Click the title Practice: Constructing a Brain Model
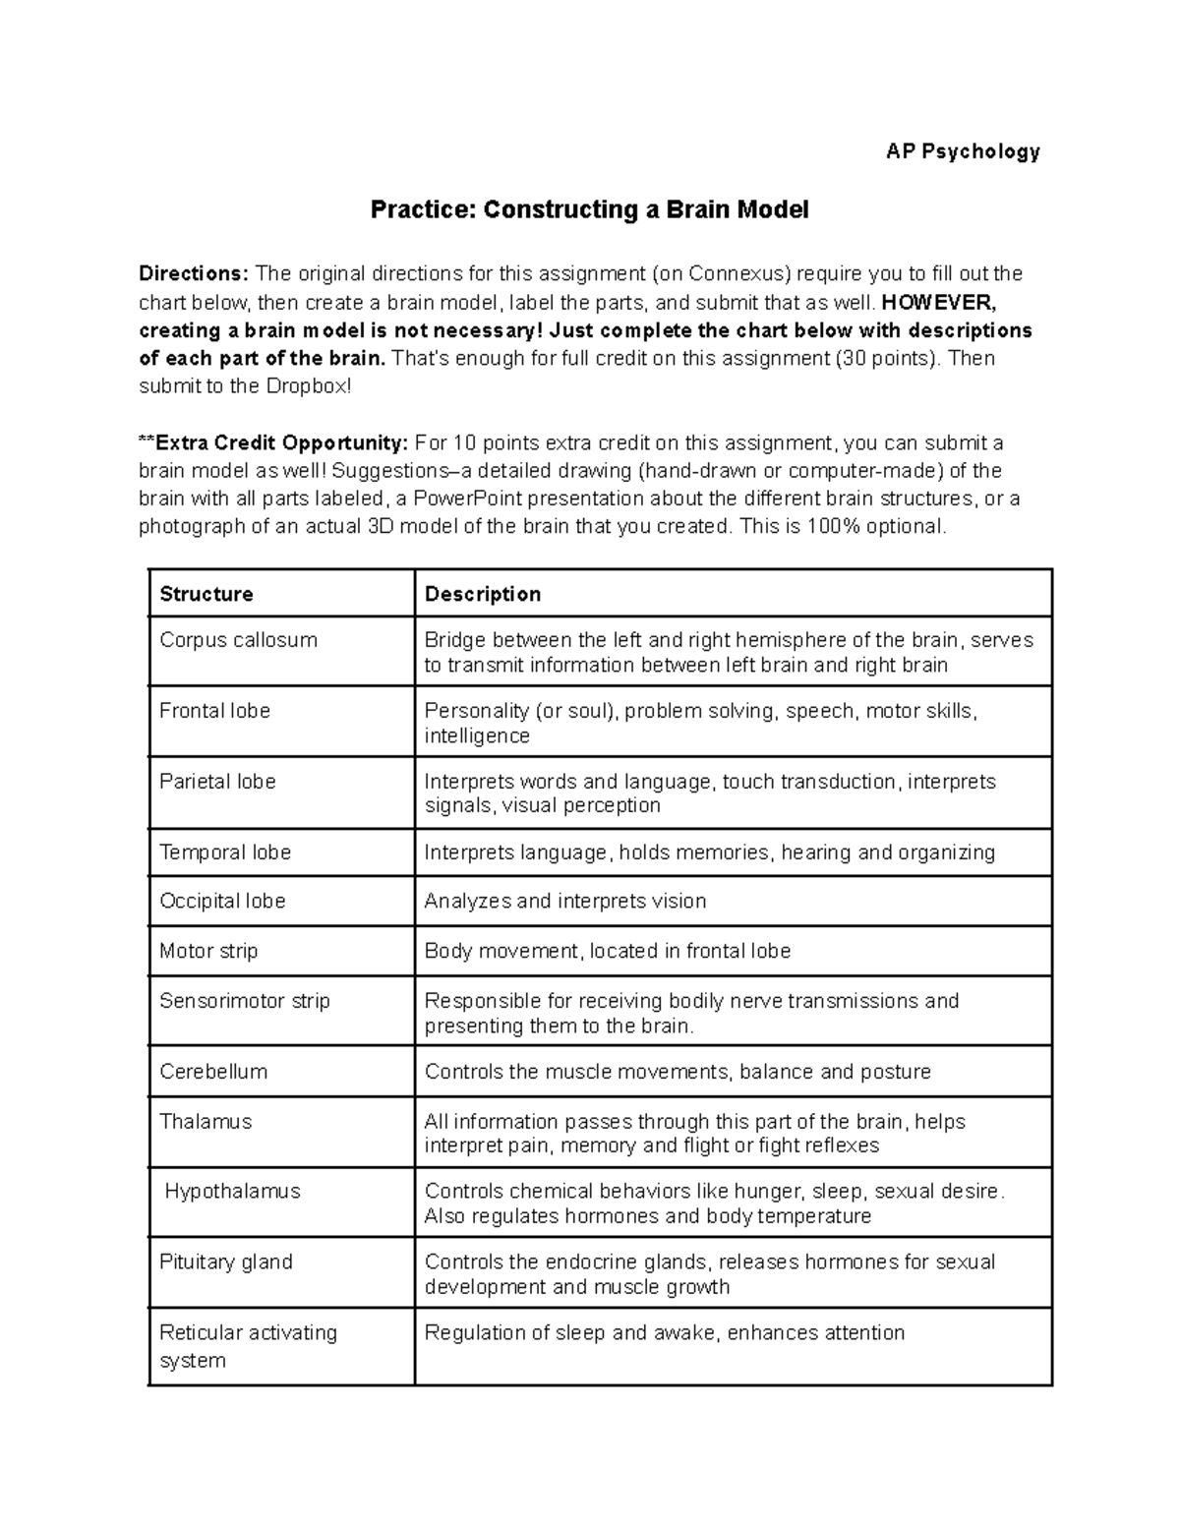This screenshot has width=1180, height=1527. [589, 209]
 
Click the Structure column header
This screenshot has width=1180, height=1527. [206, 594]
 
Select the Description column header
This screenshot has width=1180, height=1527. [482, 594]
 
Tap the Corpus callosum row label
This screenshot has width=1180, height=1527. [238, 640]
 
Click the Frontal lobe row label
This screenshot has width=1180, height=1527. [214, 711]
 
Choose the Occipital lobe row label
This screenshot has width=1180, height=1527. [222, 901]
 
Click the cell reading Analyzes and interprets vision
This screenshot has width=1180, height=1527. [564, 901]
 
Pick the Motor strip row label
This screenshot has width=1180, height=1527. [208, 951]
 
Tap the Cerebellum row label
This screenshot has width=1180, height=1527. [213, 1072]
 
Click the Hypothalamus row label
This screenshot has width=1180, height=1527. [232, 1192]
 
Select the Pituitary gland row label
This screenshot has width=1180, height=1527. [226, 1262]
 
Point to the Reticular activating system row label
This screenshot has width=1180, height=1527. [248, 1346]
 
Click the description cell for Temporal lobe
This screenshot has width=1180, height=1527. [709, 852]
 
